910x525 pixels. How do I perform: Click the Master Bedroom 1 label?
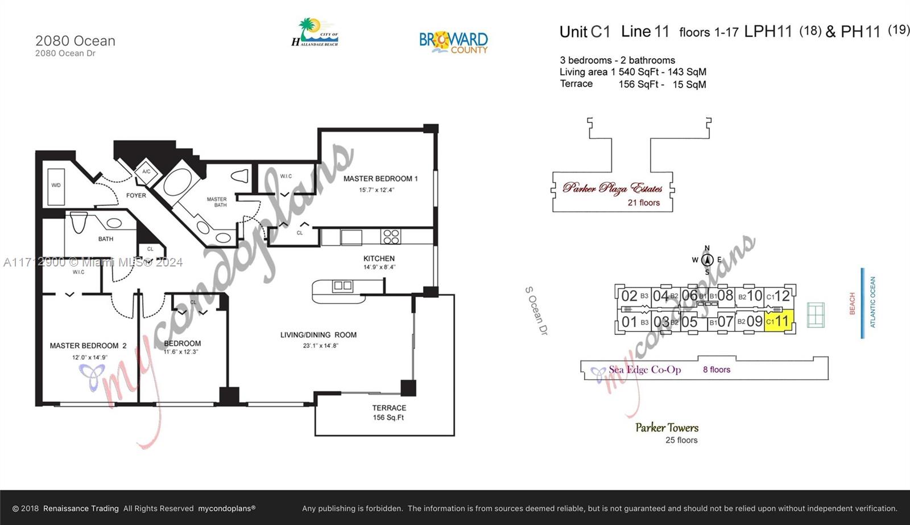coord(380,179)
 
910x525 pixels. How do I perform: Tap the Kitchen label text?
coord(379,259)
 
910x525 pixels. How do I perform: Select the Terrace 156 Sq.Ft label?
coord(389,412)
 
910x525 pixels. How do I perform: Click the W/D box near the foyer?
coord(56,186)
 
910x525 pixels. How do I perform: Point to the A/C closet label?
coord(146,171)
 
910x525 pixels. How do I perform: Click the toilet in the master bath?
coord(241,175)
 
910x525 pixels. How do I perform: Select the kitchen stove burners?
coord(391,236)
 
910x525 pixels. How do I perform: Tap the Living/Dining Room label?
coord(318,335)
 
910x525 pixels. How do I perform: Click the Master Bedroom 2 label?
coord(88,346)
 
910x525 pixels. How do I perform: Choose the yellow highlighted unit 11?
coord(779,321)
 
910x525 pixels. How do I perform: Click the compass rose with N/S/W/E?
coord(707,260)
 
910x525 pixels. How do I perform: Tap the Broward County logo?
coord(453,42)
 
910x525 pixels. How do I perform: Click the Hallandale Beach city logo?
coord(315,33)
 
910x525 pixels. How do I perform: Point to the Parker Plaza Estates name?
coord(613,188)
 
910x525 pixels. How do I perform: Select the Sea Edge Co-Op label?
coord(644,370)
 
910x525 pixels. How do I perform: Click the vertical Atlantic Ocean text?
coord(872,302)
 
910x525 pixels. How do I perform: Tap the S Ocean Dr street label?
coord(536,310)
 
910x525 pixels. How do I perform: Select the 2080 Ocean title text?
coord(75,41)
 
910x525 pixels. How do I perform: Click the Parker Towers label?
coord(667,428)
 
